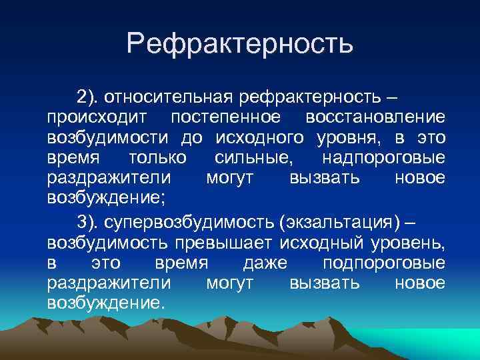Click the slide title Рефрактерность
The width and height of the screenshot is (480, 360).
[x=239, y=45]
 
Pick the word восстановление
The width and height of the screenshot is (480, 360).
[x=375, y=118]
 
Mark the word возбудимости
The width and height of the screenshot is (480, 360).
[x=109, y=138]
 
